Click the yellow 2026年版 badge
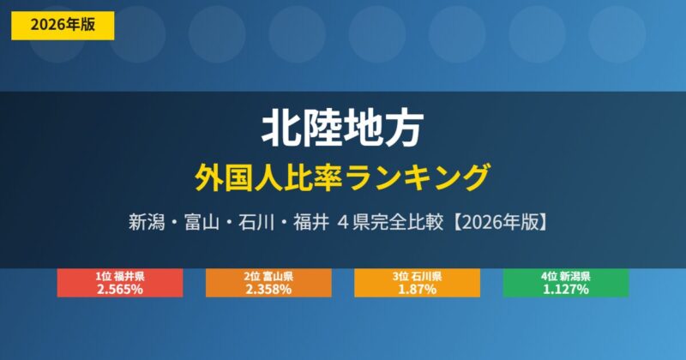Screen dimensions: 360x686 63,26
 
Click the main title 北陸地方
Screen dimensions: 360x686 342,129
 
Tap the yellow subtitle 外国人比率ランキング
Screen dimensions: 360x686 342,176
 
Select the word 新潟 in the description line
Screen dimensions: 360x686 147,221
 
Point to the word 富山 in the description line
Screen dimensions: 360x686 209,221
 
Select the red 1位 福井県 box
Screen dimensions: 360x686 120,283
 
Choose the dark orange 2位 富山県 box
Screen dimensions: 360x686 268,283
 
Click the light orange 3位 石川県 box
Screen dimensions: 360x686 417,283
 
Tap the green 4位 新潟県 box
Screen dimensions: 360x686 565,283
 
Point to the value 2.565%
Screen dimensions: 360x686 120,290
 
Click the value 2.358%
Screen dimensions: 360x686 268,290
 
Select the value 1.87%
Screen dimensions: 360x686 417,290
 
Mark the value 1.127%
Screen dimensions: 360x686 565,290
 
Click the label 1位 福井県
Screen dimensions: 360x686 120,277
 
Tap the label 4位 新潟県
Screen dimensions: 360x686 565,277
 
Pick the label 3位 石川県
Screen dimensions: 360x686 417,277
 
